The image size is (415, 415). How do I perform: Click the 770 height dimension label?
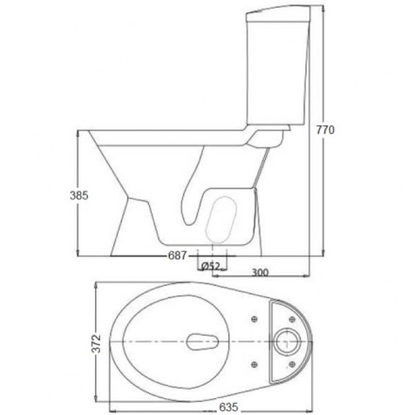click(x=326, y=130)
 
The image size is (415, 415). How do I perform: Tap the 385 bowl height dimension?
click(x=79, y=196)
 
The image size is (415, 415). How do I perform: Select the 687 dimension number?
click(x=177, y=255)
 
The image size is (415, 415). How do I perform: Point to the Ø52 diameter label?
click(x=211, y=266)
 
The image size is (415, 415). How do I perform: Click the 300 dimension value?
click(x=259, y=272)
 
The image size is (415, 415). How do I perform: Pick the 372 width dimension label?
click(x=97, y=343)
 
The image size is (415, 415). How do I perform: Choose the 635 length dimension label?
click(x=229, y=407)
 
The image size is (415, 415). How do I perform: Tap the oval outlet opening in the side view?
click(x=221, y=219)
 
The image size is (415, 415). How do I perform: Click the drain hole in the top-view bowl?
click(x=202, y=342)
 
